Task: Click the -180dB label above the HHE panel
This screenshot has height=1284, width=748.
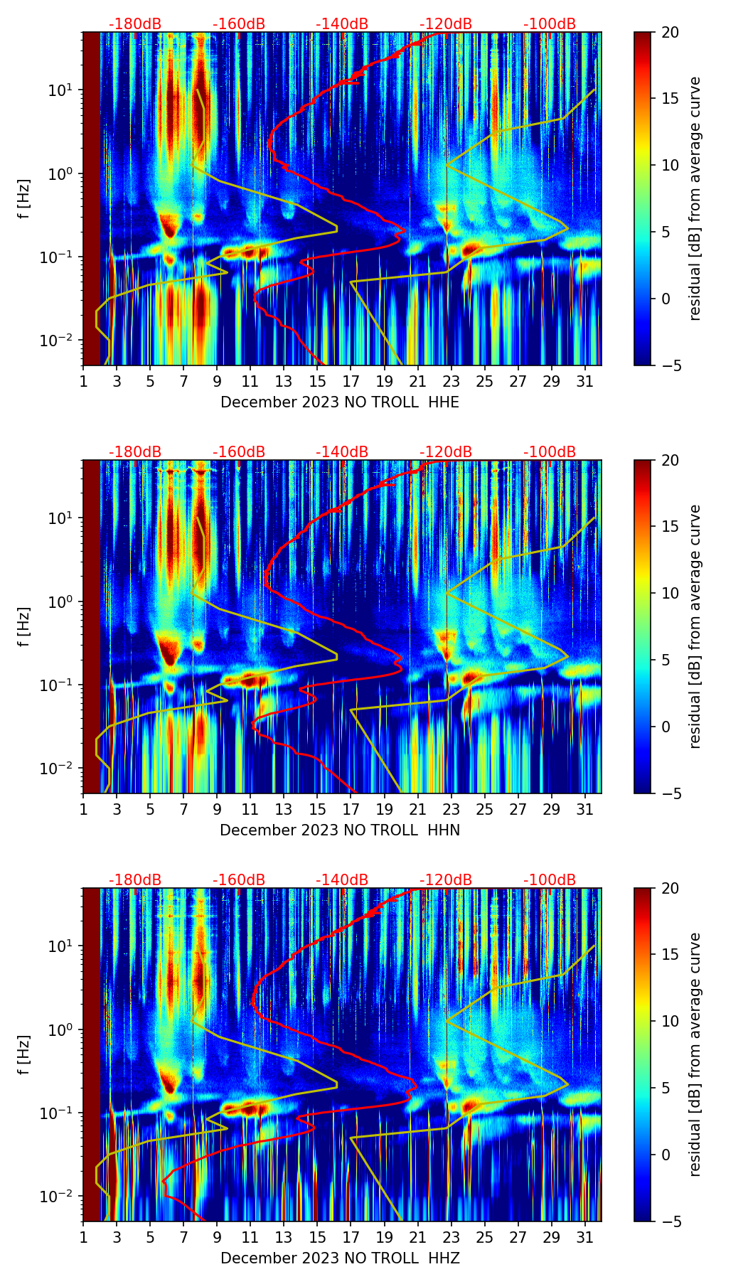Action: [135, 24]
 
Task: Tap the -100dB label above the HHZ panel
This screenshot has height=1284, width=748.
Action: [550, 880]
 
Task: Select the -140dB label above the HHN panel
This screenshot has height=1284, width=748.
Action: [342, 452]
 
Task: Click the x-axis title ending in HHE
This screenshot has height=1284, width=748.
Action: [340, 402]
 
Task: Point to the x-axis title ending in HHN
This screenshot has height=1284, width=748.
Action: [340, 830]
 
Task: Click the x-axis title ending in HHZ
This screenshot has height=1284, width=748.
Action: [340, 1258]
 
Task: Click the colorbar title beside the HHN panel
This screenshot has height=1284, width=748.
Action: [695, 626]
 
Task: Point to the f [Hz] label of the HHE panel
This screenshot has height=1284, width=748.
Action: [25, 198]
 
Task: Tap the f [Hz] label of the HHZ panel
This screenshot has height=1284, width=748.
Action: [25, 1054]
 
